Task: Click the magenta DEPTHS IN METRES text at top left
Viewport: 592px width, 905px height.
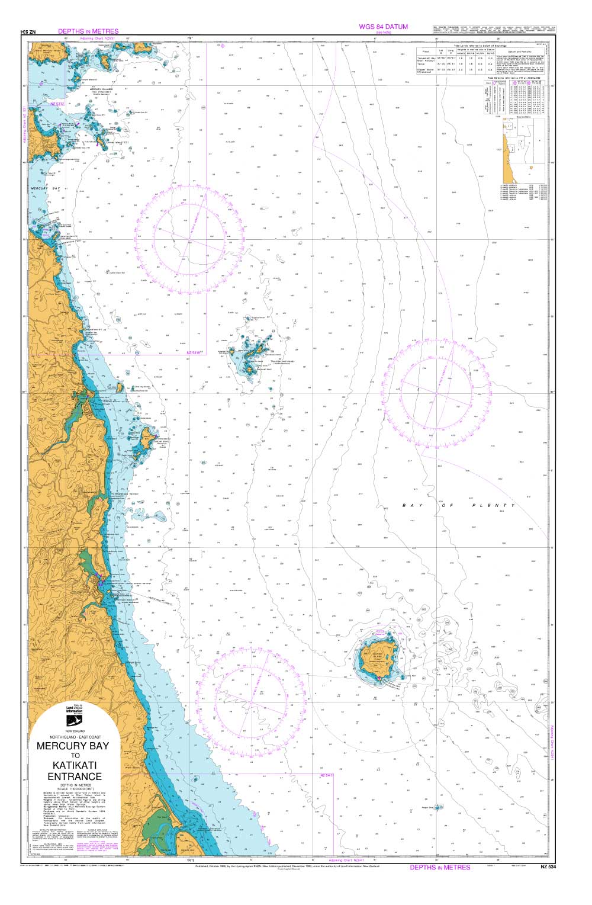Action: (x=88, y=31)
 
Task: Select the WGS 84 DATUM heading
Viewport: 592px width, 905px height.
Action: (x=383, y=27)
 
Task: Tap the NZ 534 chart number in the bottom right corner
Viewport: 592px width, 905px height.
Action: (x=548, y=868)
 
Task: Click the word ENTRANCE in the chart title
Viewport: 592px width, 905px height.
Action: (x=75, y=776)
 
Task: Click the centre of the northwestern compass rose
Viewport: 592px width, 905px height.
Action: (x=190, y=238)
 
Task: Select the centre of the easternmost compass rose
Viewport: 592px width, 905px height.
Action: (x=436, y=393)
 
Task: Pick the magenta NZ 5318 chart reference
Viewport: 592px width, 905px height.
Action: (x=194, y=352)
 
